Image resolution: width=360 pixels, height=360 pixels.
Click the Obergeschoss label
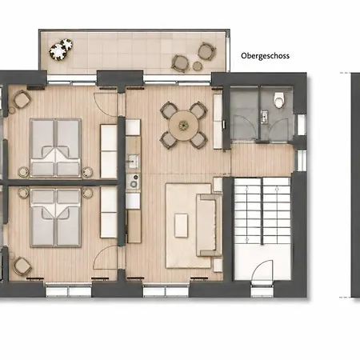[265, 56]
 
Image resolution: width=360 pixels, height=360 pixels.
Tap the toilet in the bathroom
[279, 100]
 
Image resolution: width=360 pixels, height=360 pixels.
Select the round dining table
[183, 125]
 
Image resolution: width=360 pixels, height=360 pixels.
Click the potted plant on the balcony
[61, 50]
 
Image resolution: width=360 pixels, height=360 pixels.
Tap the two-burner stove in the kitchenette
[133, 181]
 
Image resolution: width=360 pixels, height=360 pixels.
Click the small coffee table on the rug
[181, 226]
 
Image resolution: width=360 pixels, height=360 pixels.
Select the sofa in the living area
[209, 225]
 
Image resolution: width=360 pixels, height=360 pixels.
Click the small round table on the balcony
[198, 66]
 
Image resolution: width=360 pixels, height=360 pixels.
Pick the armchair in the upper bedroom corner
[22, 99]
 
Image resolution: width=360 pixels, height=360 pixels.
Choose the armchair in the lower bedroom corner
[22, 266]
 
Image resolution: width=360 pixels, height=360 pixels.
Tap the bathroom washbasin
[264, 117]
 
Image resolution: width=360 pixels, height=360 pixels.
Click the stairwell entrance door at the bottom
[262, 272]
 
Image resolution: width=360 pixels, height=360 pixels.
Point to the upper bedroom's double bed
[55, 148]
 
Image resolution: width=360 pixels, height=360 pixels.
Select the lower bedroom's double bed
[55, 218]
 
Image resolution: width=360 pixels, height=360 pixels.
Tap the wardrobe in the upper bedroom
[109, 151]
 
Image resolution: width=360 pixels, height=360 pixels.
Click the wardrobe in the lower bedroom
[109, 212]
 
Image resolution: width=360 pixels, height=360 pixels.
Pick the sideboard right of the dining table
[218, 122]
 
